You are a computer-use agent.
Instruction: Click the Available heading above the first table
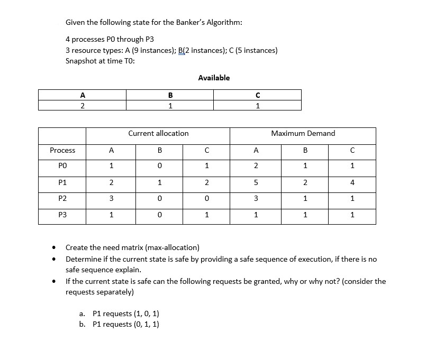(214, 78)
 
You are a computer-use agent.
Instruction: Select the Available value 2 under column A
(82, 105)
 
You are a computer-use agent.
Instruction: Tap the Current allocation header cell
(158, 134)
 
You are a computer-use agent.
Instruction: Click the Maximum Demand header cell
(303, 134)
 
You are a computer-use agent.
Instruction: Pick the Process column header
(62, 151)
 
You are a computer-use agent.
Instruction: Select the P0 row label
(62, 166)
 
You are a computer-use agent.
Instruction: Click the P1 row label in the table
(62, 182)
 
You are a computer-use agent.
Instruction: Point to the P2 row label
(62, 199)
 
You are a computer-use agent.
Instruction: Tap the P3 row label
(62, 215)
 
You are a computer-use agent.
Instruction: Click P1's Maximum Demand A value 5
(256, 182)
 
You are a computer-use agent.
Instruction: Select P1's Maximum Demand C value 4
(352, 182)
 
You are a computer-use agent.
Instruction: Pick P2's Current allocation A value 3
(111, 199)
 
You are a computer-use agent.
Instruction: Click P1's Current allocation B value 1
(159, 182)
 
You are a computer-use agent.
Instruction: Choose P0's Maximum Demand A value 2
(256, 166)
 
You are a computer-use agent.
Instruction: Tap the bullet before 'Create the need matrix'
(53, 247)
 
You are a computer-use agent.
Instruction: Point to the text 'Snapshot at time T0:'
(100, 61)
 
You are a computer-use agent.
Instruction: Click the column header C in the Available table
(257, 95)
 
